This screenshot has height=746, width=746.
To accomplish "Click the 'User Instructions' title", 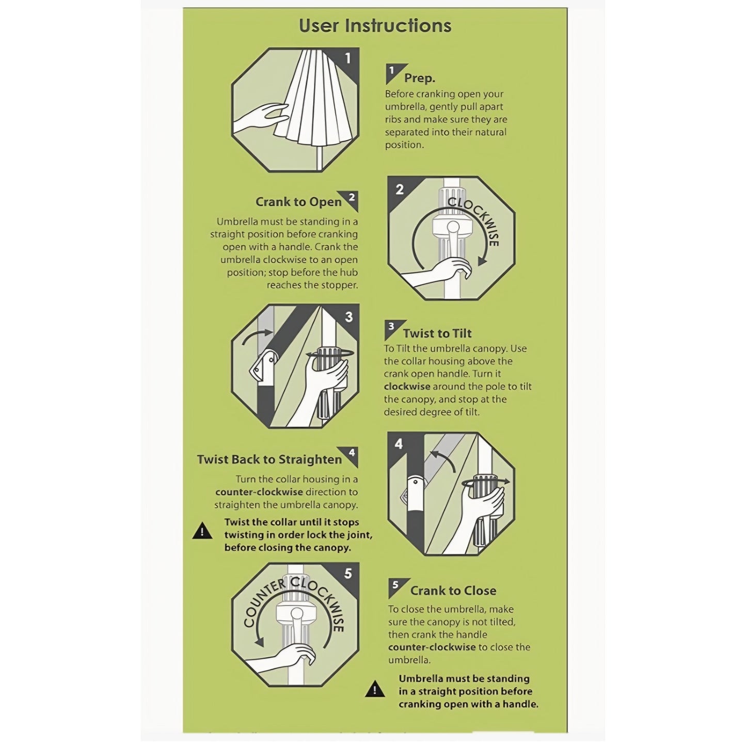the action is [375, 25].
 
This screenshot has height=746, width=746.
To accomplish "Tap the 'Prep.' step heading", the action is [420, 78].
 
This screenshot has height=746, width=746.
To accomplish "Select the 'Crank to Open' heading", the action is [298, 202].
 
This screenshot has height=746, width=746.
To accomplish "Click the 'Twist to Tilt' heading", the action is [437, 334].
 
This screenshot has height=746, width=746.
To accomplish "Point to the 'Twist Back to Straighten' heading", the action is [269, 459].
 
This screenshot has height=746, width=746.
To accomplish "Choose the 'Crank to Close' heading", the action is [453, 591].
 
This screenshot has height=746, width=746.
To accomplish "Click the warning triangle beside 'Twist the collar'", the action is [202, 531].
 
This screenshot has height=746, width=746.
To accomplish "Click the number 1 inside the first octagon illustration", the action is [347, 58].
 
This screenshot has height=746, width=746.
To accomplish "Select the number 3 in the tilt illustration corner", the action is [349, 317].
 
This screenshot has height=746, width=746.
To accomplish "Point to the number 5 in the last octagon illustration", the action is [348, 574].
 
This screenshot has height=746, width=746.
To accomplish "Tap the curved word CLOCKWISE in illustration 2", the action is [474, 220].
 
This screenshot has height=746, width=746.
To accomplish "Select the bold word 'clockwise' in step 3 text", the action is [407, 386].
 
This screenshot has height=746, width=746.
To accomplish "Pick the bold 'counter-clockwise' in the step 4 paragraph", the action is [259, 492].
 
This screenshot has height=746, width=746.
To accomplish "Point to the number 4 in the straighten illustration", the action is [399, 444].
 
